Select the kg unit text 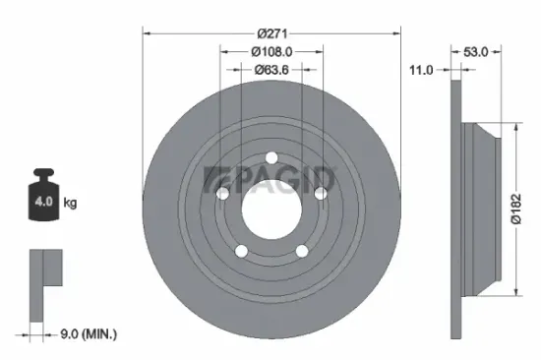point(71,204)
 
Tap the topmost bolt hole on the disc point(270,157)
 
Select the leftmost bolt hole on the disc point(223,194)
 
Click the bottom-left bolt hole point(242,250)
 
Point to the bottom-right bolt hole point(299,250)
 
